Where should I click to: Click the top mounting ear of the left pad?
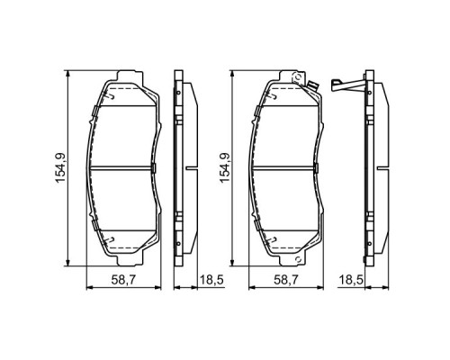tap(129, 73)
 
